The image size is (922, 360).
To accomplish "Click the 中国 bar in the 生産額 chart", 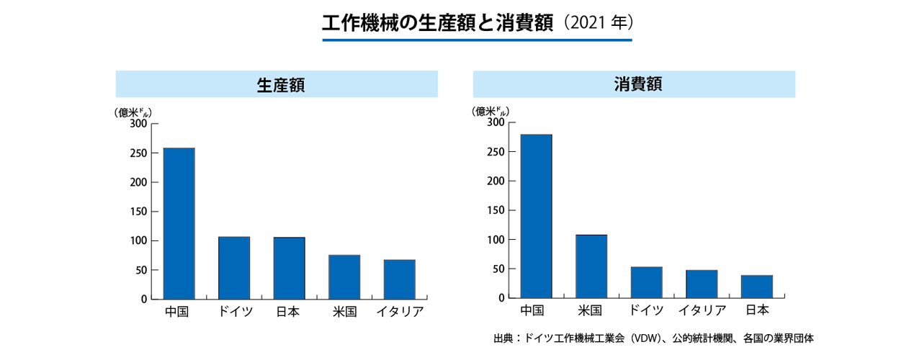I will [179, 223].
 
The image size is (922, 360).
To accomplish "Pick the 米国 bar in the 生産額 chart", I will [344, 277].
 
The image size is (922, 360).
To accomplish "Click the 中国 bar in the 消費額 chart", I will [536, 216].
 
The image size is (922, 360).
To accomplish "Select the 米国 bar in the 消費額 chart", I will [591, 266].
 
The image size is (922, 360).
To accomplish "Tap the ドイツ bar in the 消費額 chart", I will [646, 282].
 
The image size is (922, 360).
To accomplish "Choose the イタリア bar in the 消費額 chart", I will [702, 284].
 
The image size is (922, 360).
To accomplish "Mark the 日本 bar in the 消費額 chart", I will [756, 287].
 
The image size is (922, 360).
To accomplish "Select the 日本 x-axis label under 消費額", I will [756, 310].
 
